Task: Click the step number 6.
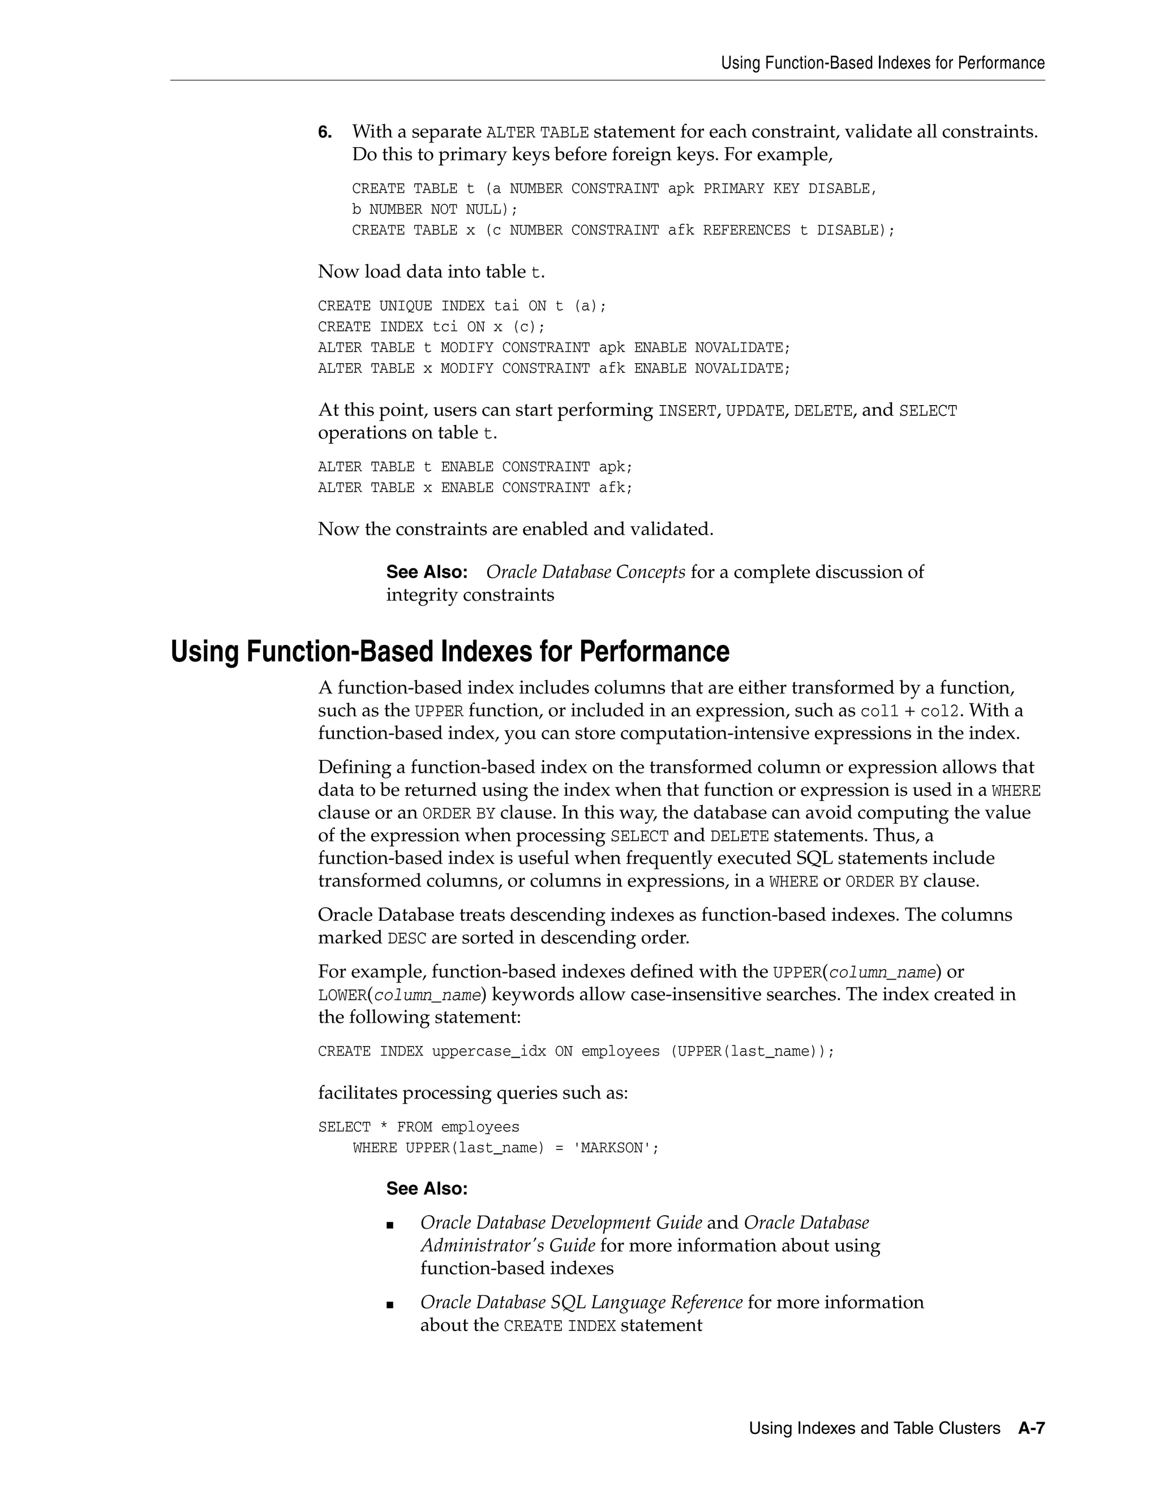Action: click(x=324, y=132)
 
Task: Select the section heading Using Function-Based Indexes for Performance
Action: click(x=450, y=651)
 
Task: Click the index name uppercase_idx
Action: click(x=488, y=1052)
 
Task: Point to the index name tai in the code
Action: click(x=506, y=306)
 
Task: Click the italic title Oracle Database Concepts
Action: click(x=585, y=572)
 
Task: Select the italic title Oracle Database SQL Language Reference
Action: click(x=581, y=1302)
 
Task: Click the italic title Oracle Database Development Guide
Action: click(x=561, y=1222)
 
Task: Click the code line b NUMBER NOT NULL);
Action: click(x=435, y=209)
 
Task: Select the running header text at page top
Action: click(x=882, y=63)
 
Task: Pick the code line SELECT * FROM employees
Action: click(x=418, y=1127)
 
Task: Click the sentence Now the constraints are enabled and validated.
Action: click(x=516, y=529)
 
